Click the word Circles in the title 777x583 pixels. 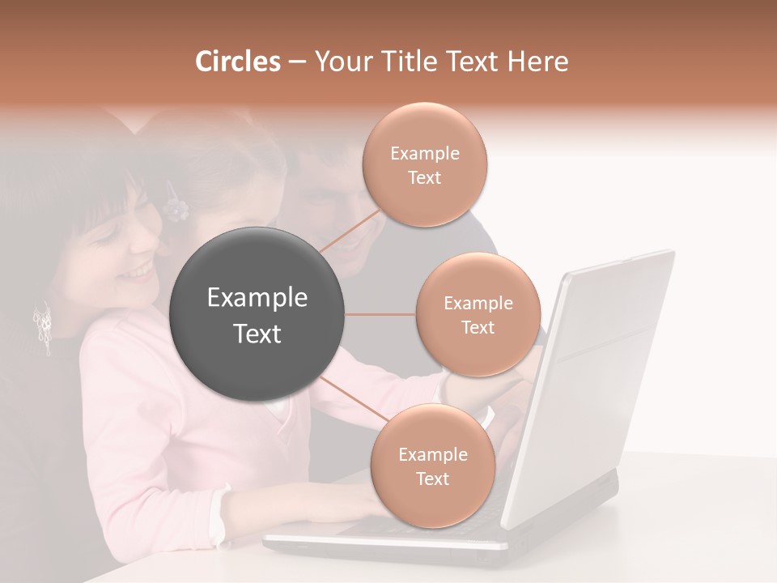pyautogui.click(x=238, y=62)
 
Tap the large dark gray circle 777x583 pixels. pyautogui.click(x=257, y=314)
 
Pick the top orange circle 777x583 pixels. pyautogui.click(x=424, y=164)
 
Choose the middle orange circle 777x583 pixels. pyautogui.click(x=478, y=314)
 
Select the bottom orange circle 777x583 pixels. pyautogui.click(x=432, y=466)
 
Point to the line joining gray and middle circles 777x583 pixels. pyautogui.click(x=380, y=314)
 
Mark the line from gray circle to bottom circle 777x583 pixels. pyautogui.click(x=353, y=398)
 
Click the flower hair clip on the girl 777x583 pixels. pyautogui.click(x=175, y=206)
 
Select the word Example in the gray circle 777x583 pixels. pyautogui.click(x=257, y=298)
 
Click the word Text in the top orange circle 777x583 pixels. pyautogui.click(x=424, y=177)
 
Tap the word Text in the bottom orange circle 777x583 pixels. pyautogui.click(x=432, y=479)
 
